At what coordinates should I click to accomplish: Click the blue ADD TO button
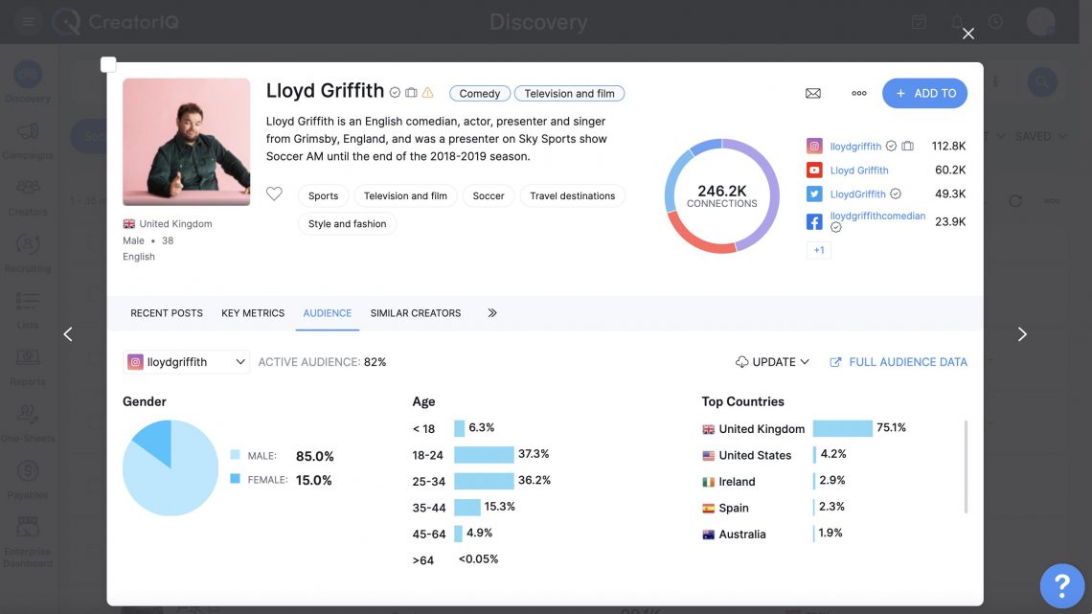(x=924, y=93)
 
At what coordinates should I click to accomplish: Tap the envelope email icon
(x=813, y=93)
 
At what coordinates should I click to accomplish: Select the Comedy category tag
(x=479, y=93)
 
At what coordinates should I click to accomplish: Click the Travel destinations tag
(x=572, y=195)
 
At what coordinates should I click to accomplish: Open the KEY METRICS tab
(x=253, y=313)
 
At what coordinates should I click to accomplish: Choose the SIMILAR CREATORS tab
(x=415, y=313)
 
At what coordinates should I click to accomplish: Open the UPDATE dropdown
(x=773, y=362)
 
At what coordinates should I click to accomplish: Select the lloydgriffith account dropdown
(x=187, y=362)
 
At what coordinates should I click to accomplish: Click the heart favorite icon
(x=274, y=194)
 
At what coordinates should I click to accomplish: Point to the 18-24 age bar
(x=484, y=454)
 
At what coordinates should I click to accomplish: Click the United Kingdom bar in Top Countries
(x=842, y=428)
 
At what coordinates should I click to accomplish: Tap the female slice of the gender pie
(x=153, y=441)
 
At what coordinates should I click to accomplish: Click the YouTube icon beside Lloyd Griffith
(x=814, y=171)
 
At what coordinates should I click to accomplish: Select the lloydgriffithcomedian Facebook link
(x=877, y=216)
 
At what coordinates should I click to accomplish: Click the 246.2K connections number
(x=721, y=191)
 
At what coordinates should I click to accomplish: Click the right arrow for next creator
(x=1022, y=334)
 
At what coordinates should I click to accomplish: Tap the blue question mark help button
(x=1061, y=584)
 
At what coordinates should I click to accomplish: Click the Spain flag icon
(x=709, y=509)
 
